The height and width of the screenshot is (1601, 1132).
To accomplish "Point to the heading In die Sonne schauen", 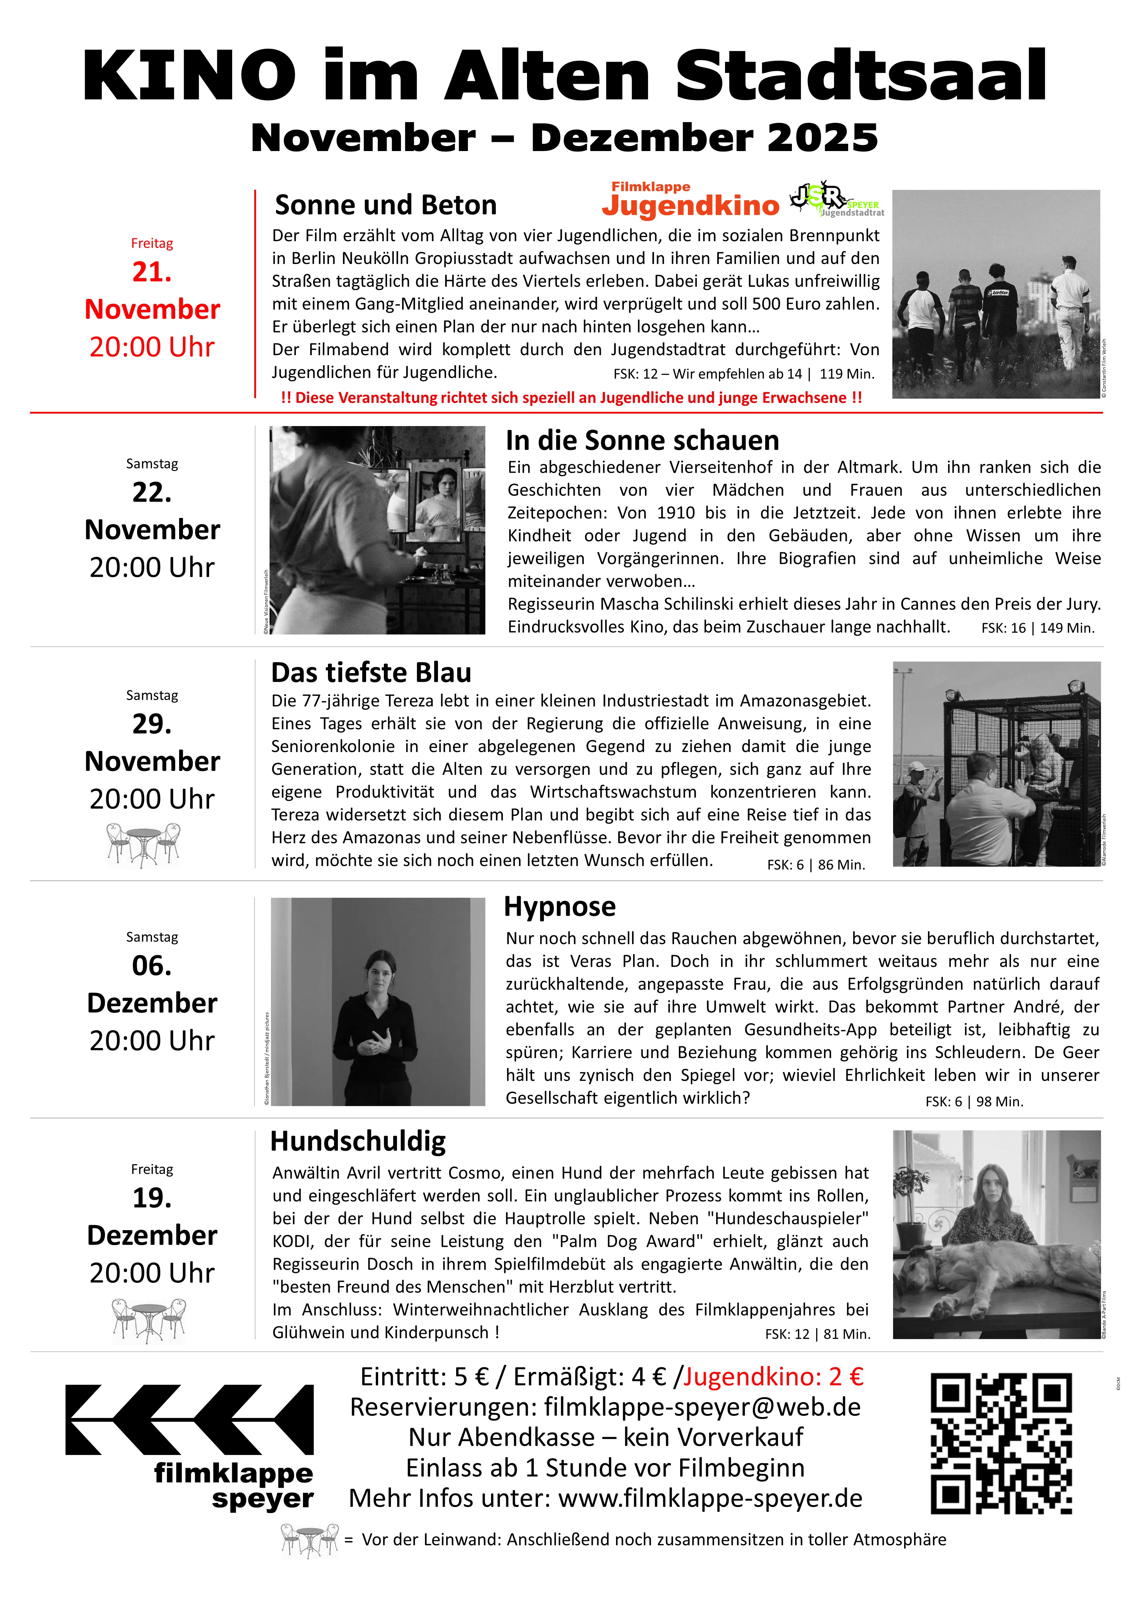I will (x=642, y=441).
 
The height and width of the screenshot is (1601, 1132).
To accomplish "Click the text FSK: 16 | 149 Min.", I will (x=1037, y=628).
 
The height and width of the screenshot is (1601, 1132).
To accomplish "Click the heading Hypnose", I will (x=560, y=907).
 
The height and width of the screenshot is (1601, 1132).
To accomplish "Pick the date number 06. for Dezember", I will (x=152, y=966).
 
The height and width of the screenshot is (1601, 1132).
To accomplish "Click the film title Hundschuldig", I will (x=358, y=1141).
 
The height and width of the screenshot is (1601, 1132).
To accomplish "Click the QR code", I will (x=1001, y=1444).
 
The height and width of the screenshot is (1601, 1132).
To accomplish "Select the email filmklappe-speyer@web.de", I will (x=702, y=1407).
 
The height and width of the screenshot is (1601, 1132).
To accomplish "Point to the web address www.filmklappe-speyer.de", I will (x=710, y=1498).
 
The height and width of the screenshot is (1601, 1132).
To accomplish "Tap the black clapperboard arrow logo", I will (x=189, y=1420).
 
